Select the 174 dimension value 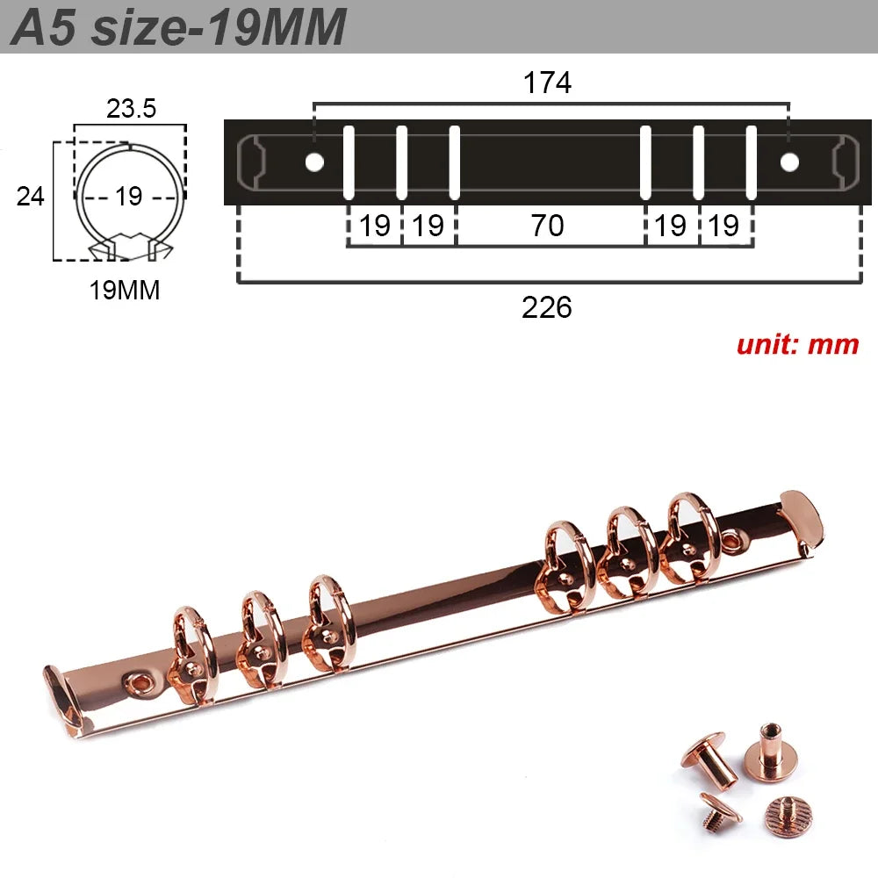pyautogui.click(x=547, y=83)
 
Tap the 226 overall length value pyautogui.click(x=547, y=307)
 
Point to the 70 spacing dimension pyautogui.click(x=547, y=226)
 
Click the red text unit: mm pyautogui.click(x=797, y=343)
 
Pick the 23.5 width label pyautogui.click(x=131, y=108)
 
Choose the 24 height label pyautogui.click(x=31, y=196)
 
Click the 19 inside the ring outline pyautogui.click(x=128, y=196)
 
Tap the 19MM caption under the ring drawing pyautogui.click(x=125, y=291)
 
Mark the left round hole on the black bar pyautogui.click(x=313, y=162)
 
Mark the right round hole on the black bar pyautogui.click(x=789, y=162)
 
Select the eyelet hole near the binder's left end pyautogui.click(x=137, y=679)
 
